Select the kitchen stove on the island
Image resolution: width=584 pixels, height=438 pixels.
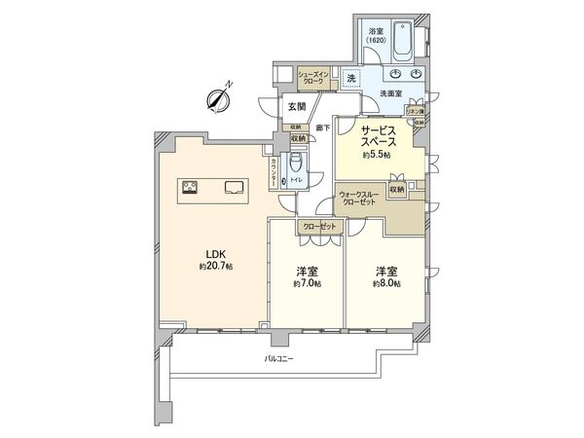click(x=188, y=188)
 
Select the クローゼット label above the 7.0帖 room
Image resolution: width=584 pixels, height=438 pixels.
click(x=320, y=227)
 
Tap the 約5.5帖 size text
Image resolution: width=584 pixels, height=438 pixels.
click(x=377, y=156)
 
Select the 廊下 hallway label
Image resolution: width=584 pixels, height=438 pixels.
click(x=323, y=128)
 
